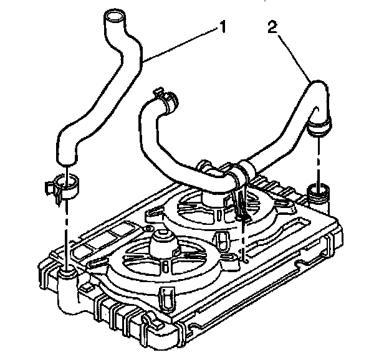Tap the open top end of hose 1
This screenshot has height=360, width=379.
pyautogui.click(x=113, y=16)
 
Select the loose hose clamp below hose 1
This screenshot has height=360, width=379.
pyautogui.click(x=64, y=185)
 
